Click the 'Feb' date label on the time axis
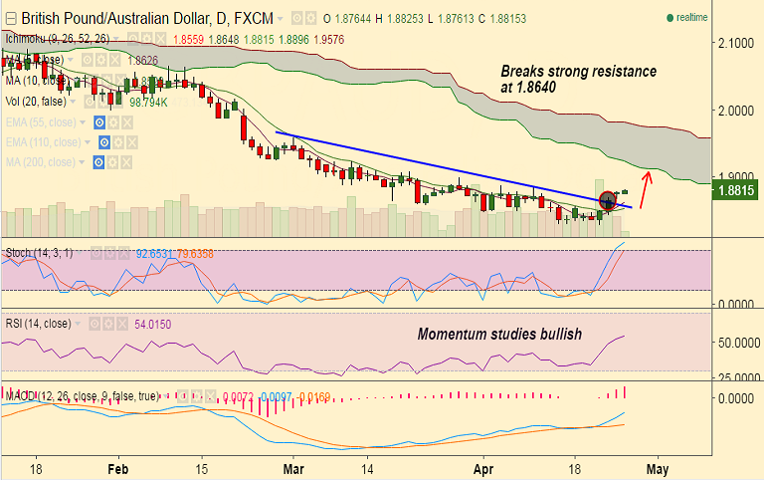[x=118, y=466]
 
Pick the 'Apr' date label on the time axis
[x=483, y=466]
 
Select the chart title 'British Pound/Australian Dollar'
[x=117, y=18]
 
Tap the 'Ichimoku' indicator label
[x=26, y=39]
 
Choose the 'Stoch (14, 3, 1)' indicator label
[x=39, y=253]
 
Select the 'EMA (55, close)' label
[x=48, y=121]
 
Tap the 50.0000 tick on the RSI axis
[x=738, y=342]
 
